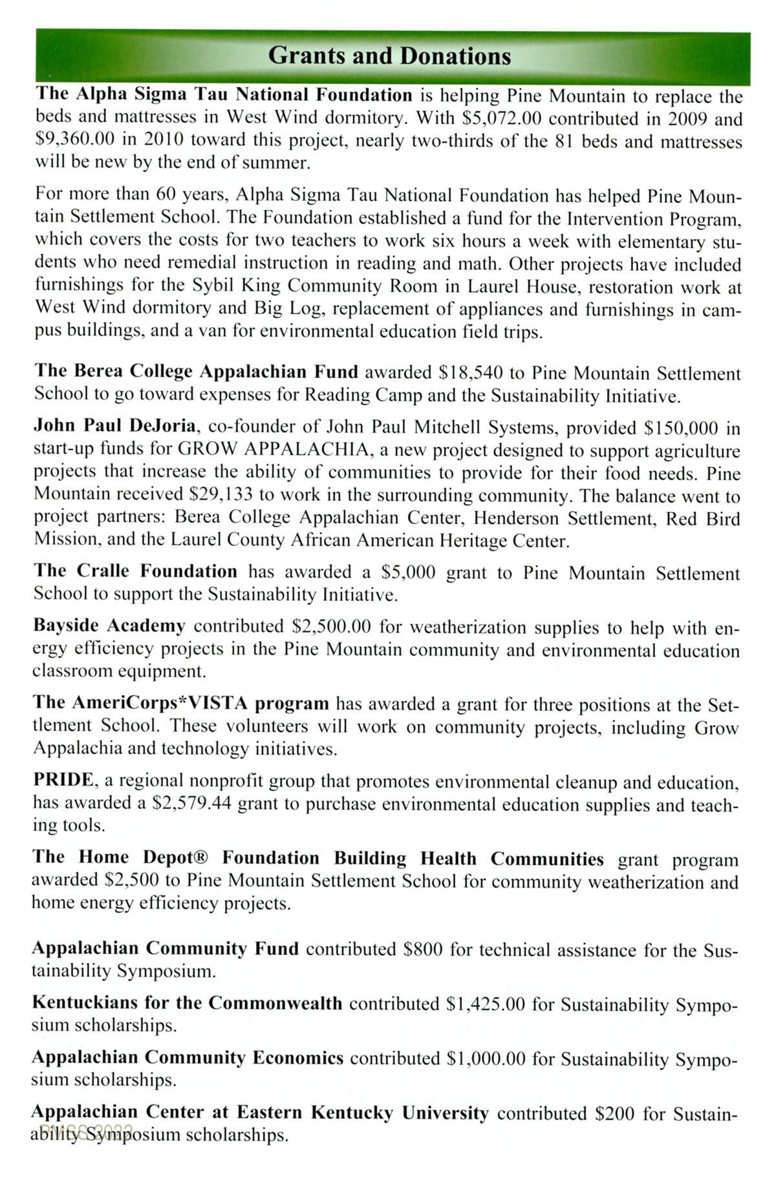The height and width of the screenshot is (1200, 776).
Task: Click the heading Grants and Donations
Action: (389, 56)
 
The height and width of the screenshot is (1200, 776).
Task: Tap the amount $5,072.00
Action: (502, 118)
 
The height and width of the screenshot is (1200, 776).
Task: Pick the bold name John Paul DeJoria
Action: (114, 426)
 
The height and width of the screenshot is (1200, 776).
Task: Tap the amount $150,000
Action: (682, 428)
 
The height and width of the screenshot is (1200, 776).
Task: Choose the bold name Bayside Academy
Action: (109, 626)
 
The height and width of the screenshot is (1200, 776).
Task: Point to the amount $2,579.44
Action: (191, 803)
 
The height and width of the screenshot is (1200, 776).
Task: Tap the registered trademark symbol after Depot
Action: (202, 858)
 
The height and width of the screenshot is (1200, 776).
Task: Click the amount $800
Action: (422, 949)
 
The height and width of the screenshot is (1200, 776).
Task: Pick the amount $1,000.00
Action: (486, 1058)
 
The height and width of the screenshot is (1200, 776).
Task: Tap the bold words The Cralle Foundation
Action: (135, 571)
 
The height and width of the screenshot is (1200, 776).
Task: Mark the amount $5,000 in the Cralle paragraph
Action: (408, 573)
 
